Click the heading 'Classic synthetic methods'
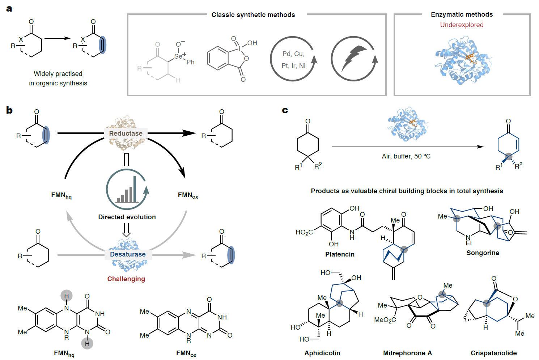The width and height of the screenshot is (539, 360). [253, 15]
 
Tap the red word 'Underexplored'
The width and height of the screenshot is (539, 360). [462, 25]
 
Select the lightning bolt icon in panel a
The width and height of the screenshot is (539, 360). [354, 58]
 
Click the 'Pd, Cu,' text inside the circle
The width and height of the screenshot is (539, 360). [293, 54]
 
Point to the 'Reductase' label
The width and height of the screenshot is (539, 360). [126, 134]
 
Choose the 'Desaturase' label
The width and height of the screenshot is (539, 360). [128, 254]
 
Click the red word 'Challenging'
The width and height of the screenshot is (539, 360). [126, 279]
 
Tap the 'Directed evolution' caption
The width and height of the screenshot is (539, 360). [127, 217]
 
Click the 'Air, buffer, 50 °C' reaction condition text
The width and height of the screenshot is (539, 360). [406, 156]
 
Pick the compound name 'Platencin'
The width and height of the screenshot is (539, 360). [340, 254]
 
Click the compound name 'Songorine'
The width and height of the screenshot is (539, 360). [483, 253]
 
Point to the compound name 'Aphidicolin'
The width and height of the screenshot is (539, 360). [322, 353]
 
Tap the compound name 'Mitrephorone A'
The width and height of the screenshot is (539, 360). [407, 353]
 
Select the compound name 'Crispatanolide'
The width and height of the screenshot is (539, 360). [493, 353]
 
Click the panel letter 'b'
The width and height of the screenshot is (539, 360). [9, 110]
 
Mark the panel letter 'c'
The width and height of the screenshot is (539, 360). [285, 110]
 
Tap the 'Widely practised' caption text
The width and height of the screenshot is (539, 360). [58, 74]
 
